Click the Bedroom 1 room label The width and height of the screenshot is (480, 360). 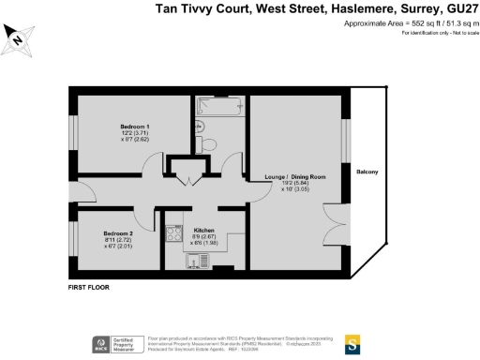click(x=135, y=126)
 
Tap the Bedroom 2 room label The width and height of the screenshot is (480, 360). click(x=118, y=232)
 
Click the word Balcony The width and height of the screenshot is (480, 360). click(x=367, y=172)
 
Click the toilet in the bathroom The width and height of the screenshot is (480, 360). click(x=208, y=143)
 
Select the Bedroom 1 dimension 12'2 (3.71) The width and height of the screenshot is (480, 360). click(x=135, y=133)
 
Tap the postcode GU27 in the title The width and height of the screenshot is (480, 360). click(x=455, y=9)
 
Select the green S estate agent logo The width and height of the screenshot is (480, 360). click(x=353, y=342)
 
